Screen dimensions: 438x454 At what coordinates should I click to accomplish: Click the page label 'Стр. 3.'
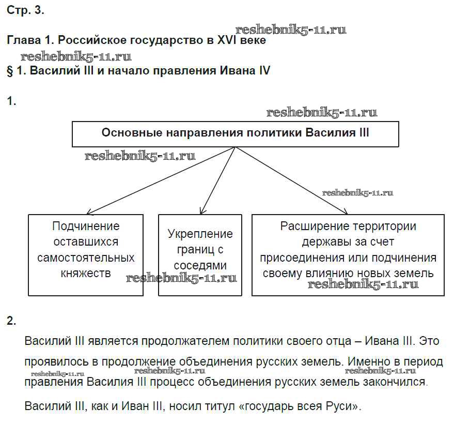click(x=25, y=11)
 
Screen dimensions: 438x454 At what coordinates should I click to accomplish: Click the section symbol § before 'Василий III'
click(x=10, y=71)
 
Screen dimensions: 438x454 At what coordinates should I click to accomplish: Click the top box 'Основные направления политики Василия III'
click(x=235, y=133)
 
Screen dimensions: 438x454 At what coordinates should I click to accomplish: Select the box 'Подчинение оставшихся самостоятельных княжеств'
click(x=86, y=255)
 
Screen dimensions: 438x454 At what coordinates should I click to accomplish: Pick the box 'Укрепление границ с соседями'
click(x=200, y=255)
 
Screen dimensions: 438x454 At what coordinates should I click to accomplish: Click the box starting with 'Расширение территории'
click(x=348, y=255)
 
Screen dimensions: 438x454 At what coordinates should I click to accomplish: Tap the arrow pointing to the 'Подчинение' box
click(x=160, y=180)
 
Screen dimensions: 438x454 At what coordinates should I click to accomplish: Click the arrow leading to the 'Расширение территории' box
click(x=292, y=180)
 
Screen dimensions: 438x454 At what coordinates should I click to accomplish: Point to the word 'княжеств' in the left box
click(x=86, y=273)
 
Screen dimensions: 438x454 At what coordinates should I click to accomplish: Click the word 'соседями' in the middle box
click(x=200, y=265)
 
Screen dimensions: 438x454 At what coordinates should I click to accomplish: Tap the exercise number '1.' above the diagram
click(x=12, y=102)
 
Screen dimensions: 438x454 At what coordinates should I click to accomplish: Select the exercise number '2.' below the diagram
click(x=12, y=321)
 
